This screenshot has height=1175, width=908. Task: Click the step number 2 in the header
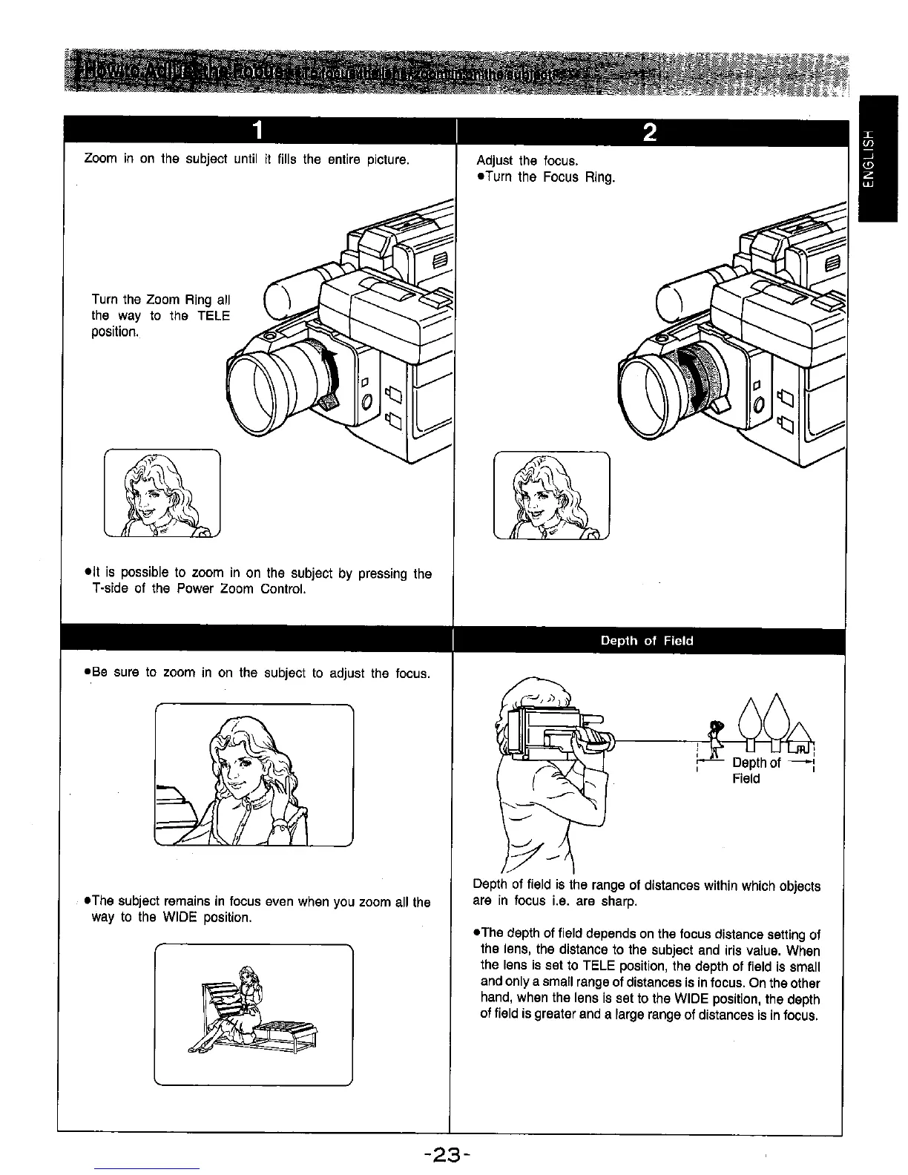point(649,133)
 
